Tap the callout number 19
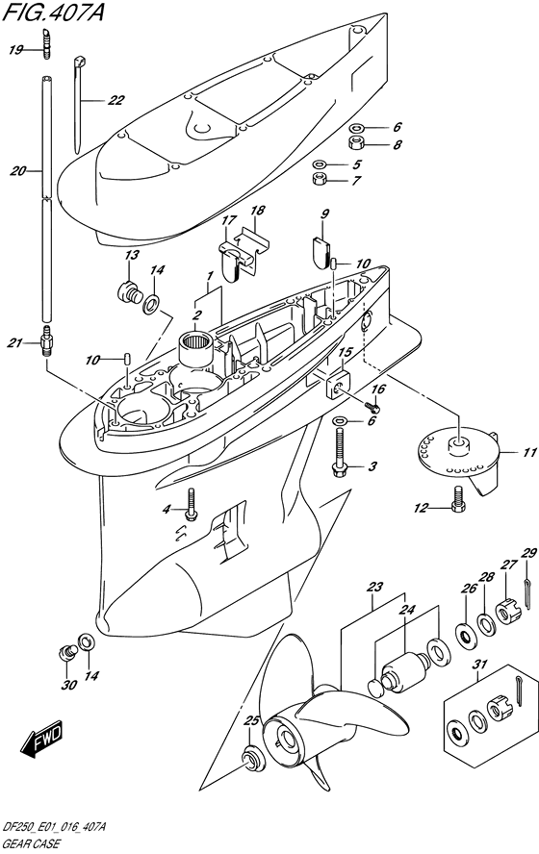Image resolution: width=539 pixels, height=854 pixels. click(x=15, y=50)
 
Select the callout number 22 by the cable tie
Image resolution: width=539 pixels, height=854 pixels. click(x=115, y=100)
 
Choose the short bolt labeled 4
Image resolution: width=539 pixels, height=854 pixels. click(x=191, y=505)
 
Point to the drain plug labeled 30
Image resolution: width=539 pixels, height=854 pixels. click(x=66, y=651)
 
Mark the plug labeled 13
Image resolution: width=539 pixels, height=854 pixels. click(x=129, y=291)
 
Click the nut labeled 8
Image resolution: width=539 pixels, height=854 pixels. click(x=356, y=144)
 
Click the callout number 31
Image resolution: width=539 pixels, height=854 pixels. click(x=480, y=665)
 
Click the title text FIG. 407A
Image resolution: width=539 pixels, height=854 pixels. click(x=53, y=12)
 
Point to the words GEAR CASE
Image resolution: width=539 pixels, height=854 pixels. click(x=31, y=844)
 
